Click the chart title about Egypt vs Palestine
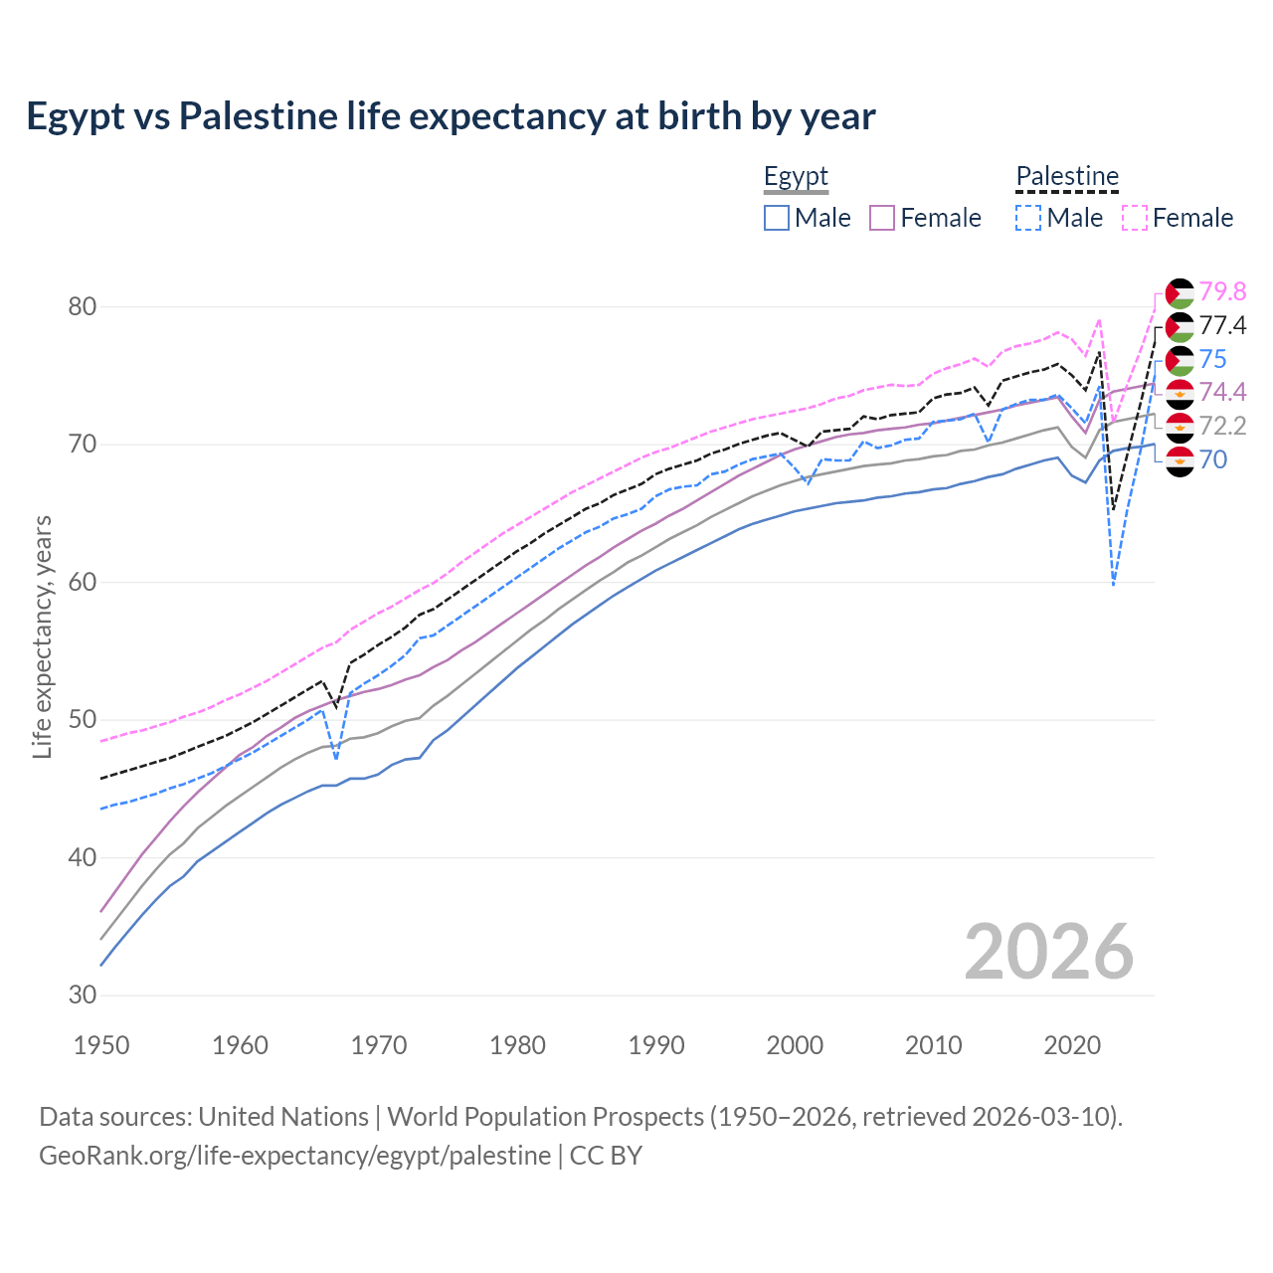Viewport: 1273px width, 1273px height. pyautogui.click(x=451, y=116)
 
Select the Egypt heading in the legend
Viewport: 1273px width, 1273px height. pyautogui.click(x=796, y=177)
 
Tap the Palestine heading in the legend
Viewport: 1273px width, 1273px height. pyautogui.click(x=1067, y=177)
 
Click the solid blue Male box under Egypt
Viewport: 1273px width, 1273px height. pyautogui.click(x=777, y=218)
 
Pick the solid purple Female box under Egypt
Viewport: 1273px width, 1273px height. pyautogui.click(x=883, y=218)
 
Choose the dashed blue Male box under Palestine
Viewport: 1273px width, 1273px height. pyautogui.click(x=1028, y=218)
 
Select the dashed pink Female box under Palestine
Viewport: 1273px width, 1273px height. pyautogui.click(x=1135, y=218)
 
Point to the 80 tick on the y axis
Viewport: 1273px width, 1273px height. pyautogui.click(x=83, y=306)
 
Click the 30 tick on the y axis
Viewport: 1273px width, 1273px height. pyautogui.click(x=83, y=995)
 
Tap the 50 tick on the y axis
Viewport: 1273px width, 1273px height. pyautogui.click(x=83, y=719)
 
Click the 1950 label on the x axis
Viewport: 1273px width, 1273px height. pyautogui.click(x=102, y=1045)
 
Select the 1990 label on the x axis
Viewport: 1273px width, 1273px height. pyautogui.click(x=656, y=1045)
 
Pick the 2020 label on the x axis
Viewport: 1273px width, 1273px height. pyautogui.click(x=1072, y=1045)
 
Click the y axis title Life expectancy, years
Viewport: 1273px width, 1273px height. pyautogui.click(x=42, y=636)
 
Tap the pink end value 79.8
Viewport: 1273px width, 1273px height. pyautogui.click(x=1222, y=291)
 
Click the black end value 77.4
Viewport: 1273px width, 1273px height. pyautogui.click(x=1222, y=325)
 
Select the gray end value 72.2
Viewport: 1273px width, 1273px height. pyautogui.click(x=1222, y=426)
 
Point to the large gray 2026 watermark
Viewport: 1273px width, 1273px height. pyautogui.click(x=1049, y=952)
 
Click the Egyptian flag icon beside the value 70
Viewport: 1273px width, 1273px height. pyautogui.click(x=1180, y=460)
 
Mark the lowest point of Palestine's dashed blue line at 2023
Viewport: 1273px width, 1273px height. pyautogui.click(x=1114, y=585)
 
